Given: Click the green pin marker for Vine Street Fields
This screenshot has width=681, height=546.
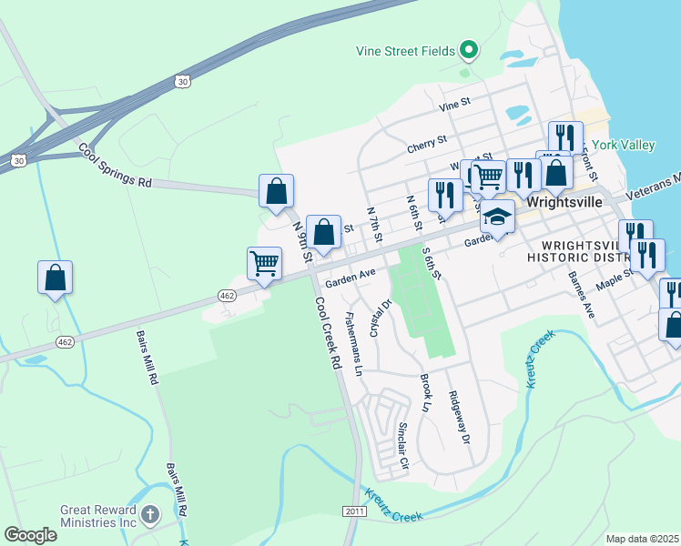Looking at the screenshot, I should click(469, 49).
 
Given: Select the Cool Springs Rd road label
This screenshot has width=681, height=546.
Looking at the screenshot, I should click(115, 165).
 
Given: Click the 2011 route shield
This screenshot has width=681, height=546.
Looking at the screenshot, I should click(355, 512).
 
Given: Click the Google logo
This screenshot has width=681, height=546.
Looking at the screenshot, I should click(30, 534).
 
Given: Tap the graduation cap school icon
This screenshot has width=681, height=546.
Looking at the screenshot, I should click(497, 217).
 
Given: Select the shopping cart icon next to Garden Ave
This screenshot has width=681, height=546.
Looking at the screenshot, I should click(264, 264).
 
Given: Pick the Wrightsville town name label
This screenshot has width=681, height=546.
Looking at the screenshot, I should click(564, 201).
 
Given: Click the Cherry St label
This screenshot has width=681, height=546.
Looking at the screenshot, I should click(427, 142).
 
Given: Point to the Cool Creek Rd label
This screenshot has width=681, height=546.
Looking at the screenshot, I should click(328, 332).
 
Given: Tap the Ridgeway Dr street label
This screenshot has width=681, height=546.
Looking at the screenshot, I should click(458, 417).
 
